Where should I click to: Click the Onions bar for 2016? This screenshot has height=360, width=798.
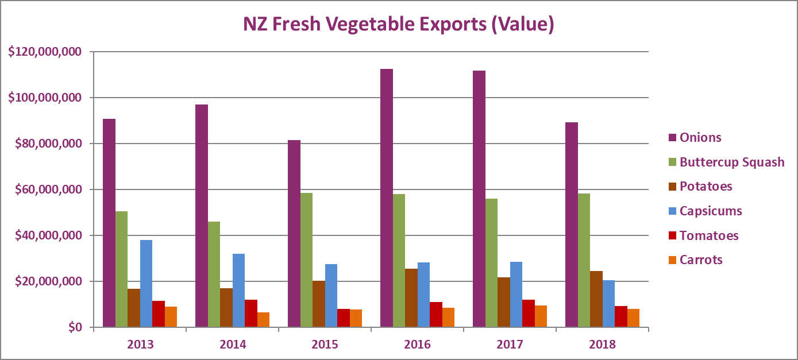coord(387,198)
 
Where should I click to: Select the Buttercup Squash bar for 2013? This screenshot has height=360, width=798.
coord(121,269)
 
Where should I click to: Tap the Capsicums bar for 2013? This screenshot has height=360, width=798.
coord(146,284)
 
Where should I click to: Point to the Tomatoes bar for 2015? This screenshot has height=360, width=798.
coord(344,318)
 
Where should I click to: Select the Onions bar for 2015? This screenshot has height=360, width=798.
coord(294,234)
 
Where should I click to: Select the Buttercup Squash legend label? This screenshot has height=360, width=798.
coord(732,162)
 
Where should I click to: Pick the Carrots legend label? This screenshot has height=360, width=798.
coord(701,260)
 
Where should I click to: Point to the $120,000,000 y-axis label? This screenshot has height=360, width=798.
coord(45,52)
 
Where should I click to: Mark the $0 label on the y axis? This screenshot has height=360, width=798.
coord(75,327)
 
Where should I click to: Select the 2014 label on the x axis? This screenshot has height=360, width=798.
coord(233,344)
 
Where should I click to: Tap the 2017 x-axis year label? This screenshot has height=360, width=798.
coord(510,344)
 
